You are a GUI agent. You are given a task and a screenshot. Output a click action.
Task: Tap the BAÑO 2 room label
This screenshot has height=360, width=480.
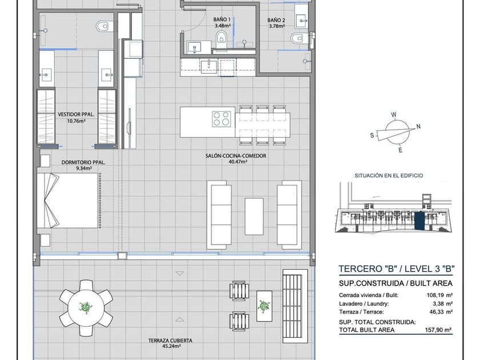coord(277,20)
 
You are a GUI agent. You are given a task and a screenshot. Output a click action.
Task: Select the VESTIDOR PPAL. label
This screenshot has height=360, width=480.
coord(76,114)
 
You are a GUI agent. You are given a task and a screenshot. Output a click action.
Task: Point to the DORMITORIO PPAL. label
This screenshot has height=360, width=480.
coord(83,162)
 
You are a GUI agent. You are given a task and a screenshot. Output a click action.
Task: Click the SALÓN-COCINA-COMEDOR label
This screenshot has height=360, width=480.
coord(235,156)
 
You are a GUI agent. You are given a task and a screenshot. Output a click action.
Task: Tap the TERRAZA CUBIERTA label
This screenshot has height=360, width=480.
coord(170,341)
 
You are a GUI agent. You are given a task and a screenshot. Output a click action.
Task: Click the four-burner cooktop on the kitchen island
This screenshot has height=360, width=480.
coord(221,119)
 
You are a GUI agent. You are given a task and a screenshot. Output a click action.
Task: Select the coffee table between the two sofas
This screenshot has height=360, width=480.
coord(254,217)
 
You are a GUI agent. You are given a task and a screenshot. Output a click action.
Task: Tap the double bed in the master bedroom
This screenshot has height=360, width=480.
coord(68,201)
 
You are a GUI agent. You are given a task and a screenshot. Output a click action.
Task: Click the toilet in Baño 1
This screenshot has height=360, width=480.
coord(221,37)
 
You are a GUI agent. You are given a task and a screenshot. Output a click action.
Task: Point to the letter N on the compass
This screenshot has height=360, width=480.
coord(418,126)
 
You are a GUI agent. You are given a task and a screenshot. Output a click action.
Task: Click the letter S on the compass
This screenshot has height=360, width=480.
coord(372,135)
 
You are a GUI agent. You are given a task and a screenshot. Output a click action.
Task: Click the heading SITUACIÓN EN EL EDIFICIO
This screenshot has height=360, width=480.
coord(389,176)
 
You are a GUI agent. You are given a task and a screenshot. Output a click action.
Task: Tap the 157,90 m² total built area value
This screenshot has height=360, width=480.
coord(438,330)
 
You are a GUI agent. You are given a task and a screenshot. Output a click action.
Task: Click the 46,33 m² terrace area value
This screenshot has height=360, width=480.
coord(441,312)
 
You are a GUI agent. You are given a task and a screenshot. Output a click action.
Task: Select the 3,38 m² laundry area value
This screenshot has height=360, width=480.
coord(442,303)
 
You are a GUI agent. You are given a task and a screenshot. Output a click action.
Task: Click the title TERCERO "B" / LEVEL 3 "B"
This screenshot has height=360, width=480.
coord(397,269)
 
